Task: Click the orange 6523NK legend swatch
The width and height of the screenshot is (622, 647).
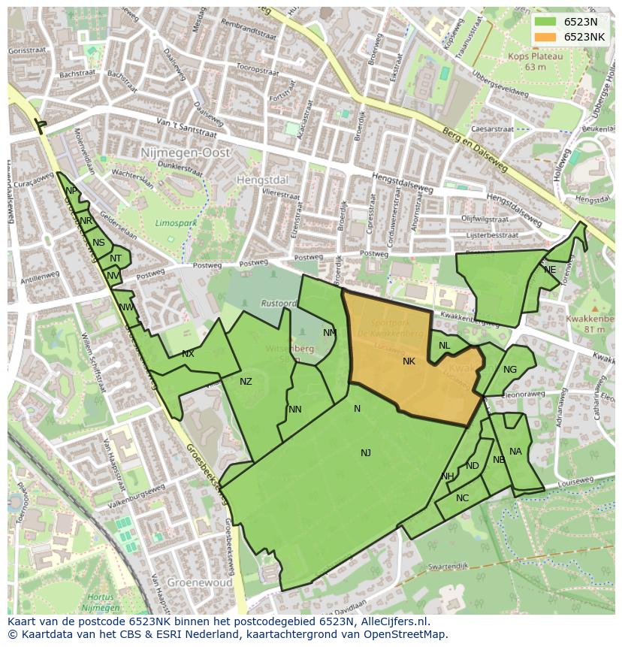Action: [x=546, y=37]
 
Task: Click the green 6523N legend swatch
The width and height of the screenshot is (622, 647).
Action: [x=546, y=22]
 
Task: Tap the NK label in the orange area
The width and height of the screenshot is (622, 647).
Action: [x=409, y=361]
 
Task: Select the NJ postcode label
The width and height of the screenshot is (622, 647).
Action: [x=366, y=452]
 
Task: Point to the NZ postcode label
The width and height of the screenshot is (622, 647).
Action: [x=246, y=382]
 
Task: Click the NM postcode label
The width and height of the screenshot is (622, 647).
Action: [x=330, y=333]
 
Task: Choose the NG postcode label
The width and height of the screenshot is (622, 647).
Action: [x=510, y=369]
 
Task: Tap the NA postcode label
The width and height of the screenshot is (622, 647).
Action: [x=515, y=452]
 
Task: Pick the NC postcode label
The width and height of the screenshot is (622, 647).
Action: [x=462, y=498]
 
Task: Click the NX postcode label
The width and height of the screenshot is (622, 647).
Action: [x=188, y=354]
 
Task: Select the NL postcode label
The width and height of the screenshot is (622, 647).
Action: [x=444, y=346]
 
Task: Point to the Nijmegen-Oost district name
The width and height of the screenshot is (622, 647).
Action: [x=185, y=153]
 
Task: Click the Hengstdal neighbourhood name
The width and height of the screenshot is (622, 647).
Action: [x=262, y=180]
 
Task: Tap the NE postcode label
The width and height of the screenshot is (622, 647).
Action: [x=550, y=270]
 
